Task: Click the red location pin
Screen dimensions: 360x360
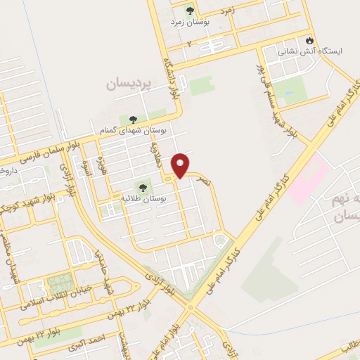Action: [181, 165]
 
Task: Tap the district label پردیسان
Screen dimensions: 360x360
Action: [129, 84]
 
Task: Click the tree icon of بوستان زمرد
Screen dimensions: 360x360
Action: [189, 11]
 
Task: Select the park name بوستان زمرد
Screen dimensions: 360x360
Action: [189, 22]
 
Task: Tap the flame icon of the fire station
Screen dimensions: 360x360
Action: [307, 39]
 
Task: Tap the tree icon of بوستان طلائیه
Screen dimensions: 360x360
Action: [143, 188]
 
